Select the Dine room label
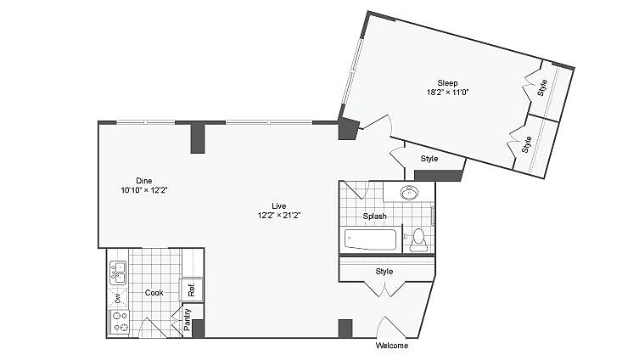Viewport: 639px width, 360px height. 144,180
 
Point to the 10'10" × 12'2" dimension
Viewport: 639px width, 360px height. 144,190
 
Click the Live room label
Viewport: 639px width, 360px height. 278,205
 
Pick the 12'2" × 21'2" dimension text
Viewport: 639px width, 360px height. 279,216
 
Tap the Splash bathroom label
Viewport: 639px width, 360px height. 374,217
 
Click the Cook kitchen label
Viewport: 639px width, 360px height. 154,293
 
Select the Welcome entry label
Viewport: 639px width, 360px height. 391,346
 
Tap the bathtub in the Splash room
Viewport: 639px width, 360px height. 371,239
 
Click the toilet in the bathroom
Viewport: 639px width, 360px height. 418,240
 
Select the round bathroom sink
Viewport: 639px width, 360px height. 411,193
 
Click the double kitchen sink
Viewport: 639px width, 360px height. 118,273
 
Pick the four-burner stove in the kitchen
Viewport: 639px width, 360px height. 120,321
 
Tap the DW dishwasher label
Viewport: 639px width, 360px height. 117,297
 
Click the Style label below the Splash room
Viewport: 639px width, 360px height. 384,272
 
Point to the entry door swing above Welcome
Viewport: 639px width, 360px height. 392,327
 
